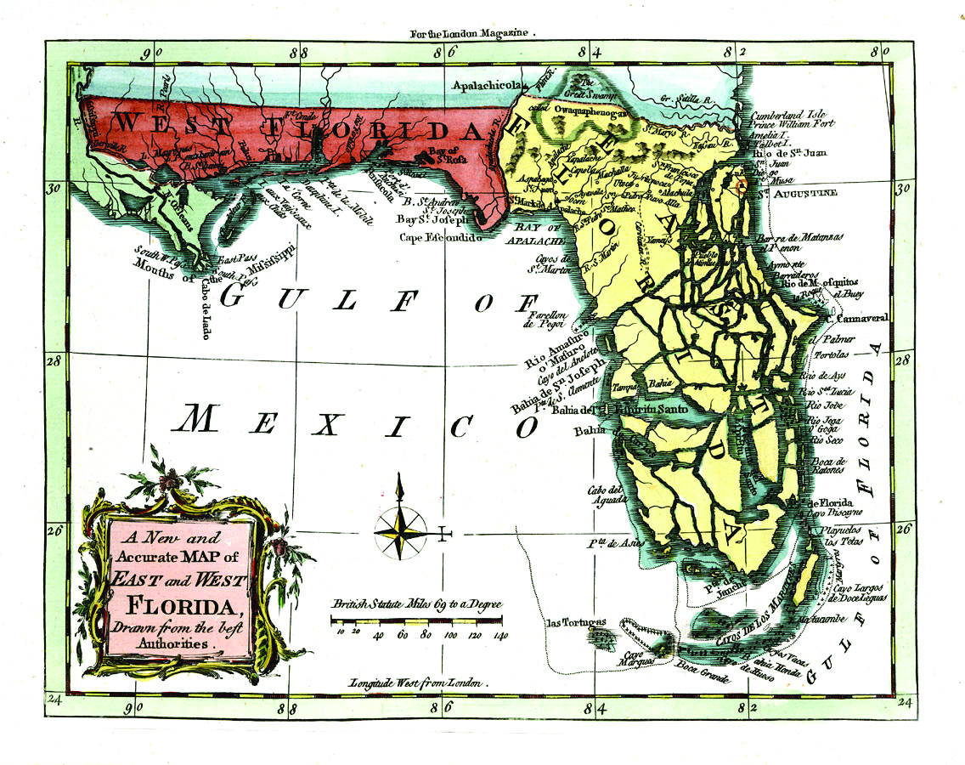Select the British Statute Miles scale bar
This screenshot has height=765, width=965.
tap(416, 620)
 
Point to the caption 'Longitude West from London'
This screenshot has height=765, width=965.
tap(415, 683)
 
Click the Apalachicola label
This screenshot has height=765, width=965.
tap(489, 85)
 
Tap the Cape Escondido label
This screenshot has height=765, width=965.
tap(441, 238)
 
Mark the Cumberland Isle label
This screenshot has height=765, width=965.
tap(789, 113)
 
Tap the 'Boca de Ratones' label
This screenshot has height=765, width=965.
tap(826, 466)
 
